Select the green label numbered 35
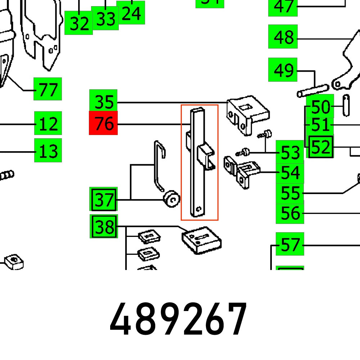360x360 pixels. (x=103, y=101)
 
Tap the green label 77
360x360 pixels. (x=48, y=89)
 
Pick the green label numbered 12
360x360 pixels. (x=48, y=123)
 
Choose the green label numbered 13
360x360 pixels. (x=48, y=150)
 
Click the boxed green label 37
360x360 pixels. (x=103, y=199)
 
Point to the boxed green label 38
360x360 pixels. (x=103, y=227)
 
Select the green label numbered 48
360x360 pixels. (x=283, y=36)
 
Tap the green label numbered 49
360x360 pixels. (x=283, y=70)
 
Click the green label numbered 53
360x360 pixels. (x=290, y=153)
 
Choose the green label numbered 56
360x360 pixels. (x=290, y=213)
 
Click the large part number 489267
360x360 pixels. (x=179, y=319)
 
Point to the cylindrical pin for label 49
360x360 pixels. (x=312, y=90)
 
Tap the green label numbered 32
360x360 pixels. (x=79, y=23)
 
